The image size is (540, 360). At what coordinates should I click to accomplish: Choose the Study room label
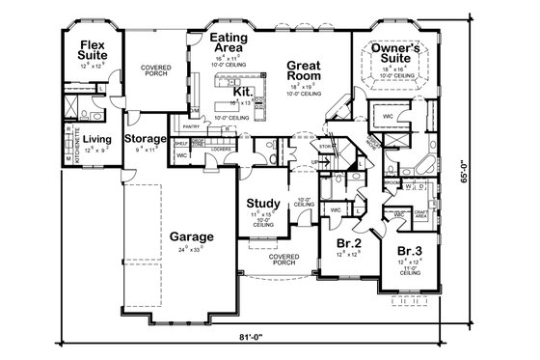point(262,204)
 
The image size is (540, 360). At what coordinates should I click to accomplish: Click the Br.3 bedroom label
point(408,251)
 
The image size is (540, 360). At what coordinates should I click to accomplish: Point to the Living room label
point(96,140)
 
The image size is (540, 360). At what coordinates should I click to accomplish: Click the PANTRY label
point(189,125)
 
